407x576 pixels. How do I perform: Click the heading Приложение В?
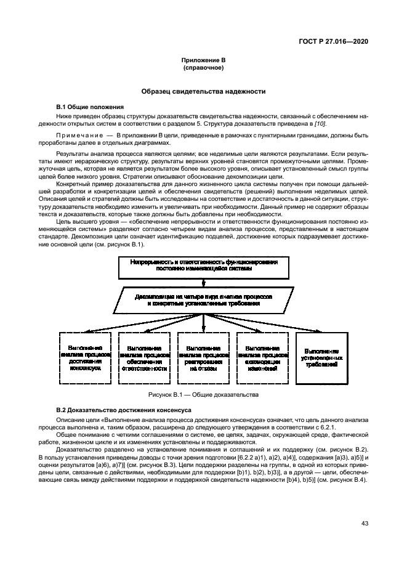(x=203, y=60)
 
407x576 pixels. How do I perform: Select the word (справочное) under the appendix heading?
(x=203, y=67)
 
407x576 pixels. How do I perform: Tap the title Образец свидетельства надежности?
(x=203, y=91)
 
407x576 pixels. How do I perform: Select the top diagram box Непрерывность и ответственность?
(x=204, y=265)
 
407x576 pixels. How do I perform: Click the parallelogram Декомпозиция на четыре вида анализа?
(x=204, y=300)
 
